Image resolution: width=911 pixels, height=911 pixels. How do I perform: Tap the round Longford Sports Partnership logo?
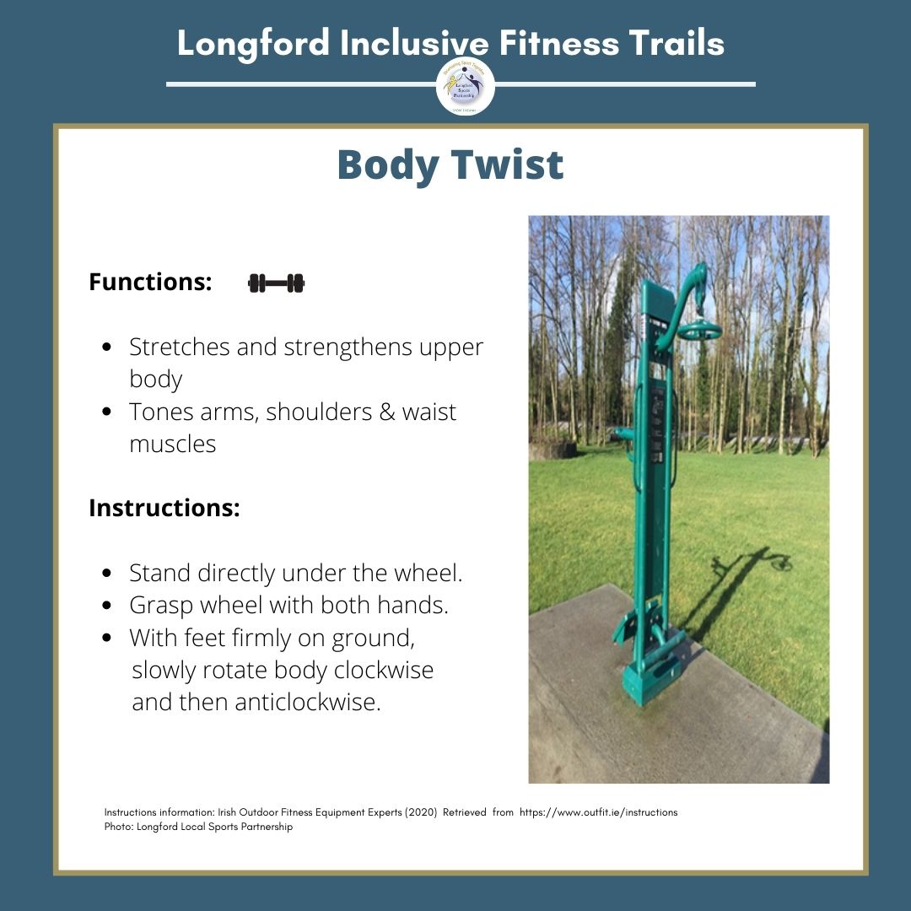click(x=466, y=87)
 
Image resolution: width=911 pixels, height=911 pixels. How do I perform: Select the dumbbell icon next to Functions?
click(x=277, y=283)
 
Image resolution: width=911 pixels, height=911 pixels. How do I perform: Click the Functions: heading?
click(x=150, y=282)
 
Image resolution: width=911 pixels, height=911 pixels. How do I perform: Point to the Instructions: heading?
click(x=164, y=509)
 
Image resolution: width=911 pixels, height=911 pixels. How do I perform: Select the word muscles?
click(x=172, y=444)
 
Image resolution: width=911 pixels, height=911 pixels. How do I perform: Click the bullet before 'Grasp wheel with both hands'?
click(x=107, y=606)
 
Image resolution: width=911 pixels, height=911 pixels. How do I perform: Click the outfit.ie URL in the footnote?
click(x=598, y=812)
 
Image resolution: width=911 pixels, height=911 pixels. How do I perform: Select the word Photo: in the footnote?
click(x=116, y=827)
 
